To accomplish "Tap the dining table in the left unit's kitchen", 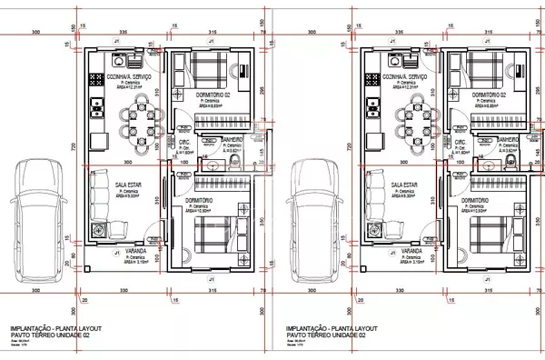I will point(138,115).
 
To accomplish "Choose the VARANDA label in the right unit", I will point(408,249).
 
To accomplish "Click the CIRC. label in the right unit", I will point(461,143).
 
